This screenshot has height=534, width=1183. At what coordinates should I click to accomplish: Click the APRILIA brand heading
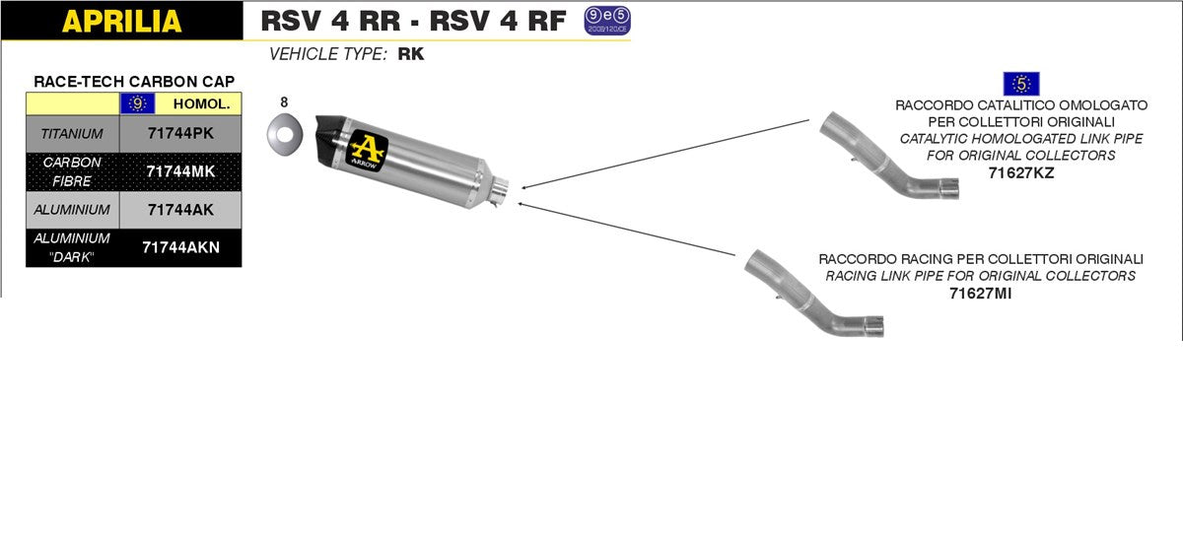click(121, 20)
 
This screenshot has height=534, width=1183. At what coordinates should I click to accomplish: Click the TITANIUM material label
click(72, 131)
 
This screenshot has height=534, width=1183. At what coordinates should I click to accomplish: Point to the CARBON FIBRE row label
click(72, 170)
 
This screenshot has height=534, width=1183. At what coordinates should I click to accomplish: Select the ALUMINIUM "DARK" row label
click(72, 247)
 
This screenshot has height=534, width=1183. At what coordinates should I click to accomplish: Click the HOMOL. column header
click(200, 102)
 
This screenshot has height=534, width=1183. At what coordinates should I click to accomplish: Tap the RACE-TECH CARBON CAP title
click(134, 81)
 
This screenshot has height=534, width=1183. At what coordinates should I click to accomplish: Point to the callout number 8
click(284, 101)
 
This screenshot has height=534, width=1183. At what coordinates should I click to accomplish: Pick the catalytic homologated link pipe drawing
click(892, 157)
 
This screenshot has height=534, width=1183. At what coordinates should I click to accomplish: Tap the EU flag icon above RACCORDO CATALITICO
click(1020, 85)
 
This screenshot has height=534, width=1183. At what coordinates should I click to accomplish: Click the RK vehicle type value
click(410, 54)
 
